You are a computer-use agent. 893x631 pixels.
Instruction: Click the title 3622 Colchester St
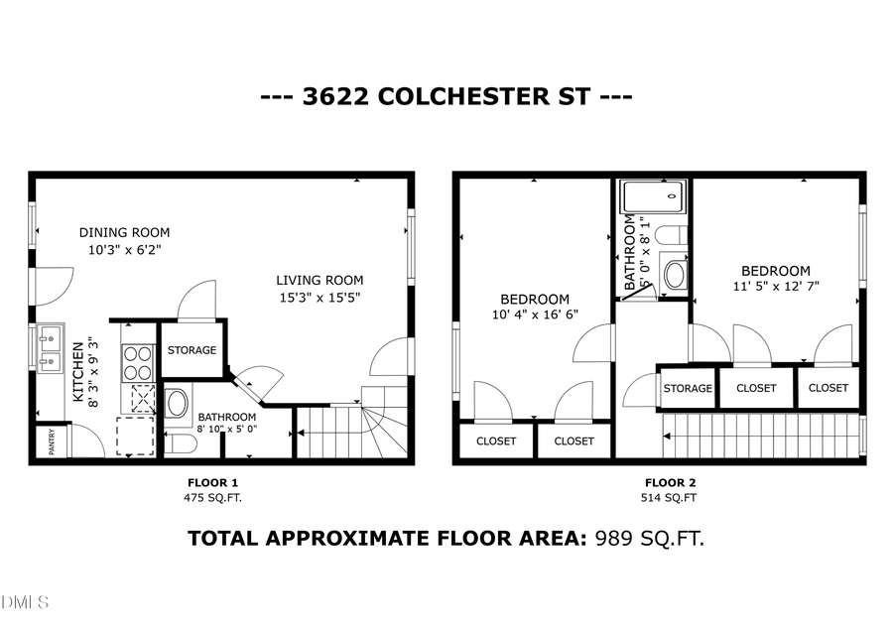point(446,97)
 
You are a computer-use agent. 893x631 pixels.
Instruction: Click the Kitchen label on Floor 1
point(78,372)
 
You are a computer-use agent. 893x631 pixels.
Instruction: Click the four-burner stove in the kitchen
point(137,362)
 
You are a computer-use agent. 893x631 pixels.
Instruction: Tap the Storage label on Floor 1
point(191,350)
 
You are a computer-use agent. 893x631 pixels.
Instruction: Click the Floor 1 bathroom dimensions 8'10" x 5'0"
point(226,431)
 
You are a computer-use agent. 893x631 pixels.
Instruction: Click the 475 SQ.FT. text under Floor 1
point(212,497)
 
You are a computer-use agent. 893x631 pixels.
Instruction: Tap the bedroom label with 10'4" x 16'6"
point(534,299)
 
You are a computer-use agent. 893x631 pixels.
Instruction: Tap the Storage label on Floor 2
point(688,388)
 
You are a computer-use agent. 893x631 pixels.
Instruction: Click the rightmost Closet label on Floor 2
point(828,388)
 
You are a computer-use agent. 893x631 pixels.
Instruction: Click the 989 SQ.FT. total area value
point(649,539)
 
